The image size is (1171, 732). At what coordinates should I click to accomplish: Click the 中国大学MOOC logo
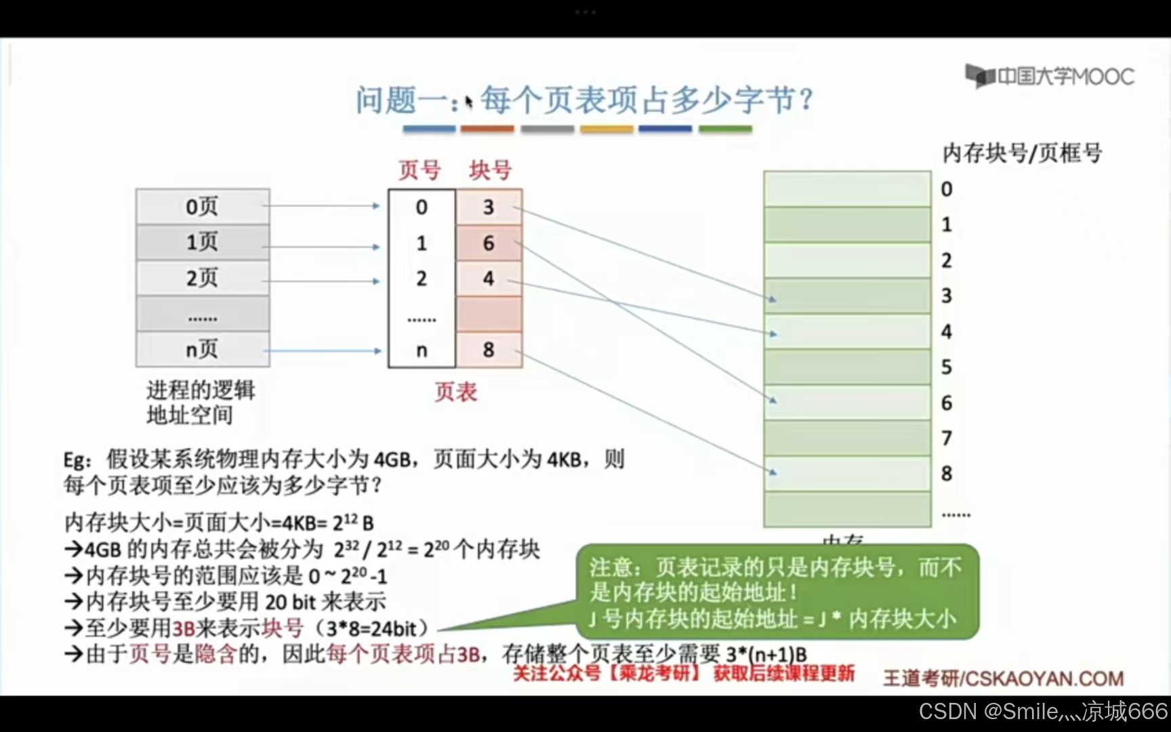pyautogui.click(x=1050, y=76)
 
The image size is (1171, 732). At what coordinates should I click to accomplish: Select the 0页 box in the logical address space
pyautogui.click(x=203, y=206)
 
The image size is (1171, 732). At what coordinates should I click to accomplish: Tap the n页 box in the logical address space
pyautogui.click(x=203, y=350)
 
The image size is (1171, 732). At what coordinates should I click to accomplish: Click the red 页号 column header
pyautogui.click(x=419, y=169)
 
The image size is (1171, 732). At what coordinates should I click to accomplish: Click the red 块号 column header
pyautogui.click(x=490, y=169)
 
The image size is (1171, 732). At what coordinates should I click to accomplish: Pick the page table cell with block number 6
pyautogui.click(x=489, y=243)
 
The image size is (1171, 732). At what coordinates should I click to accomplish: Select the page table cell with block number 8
pyautogui.click(x=489, y=350)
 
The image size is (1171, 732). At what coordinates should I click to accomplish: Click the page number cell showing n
pyautogui.click(x=422, y=350)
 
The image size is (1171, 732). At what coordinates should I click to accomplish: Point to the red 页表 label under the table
pyautogui.click(x=455, y=392)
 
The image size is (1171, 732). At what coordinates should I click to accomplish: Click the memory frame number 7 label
pyautogui.click(x=947, y=438)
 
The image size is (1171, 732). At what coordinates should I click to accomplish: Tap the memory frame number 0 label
pyautogui.click(x=947, y=189)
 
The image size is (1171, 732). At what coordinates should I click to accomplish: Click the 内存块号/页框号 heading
pyautogui.click(x=1022, y=153)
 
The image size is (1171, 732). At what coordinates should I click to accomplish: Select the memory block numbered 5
pyautogui.click(x=847, y=367)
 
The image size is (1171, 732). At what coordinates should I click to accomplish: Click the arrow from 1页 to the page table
pyautogui.click(x=321, y=247)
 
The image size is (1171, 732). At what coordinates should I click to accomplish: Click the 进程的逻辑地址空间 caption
pyautogui.click(x=201, y=402)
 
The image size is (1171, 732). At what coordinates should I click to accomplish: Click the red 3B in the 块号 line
pyautogui.click(x=184, y=628)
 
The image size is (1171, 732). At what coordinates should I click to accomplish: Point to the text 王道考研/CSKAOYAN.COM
pyautogui.click(x=1003, y=678)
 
